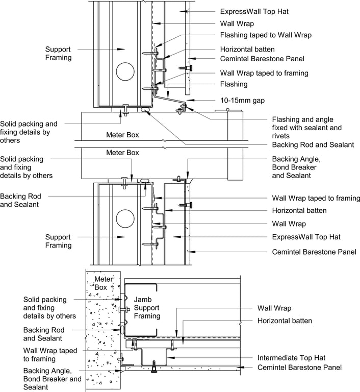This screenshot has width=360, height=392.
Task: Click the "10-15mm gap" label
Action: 242,100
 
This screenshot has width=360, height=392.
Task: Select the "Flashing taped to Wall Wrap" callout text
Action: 266,35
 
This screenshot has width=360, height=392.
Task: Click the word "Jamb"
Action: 142,299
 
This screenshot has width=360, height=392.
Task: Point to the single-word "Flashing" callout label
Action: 234,84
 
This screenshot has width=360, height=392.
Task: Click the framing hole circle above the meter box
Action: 125,72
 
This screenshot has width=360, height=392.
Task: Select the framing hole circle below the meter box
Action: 125,218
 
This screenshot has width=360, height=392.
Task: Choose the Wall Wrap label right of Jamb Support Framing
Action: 274,308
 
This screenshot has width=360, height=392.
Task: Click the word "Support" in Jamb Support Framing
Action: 147,308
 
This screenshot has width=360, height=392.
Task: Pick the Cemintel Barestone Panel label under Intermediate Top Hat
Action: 300,367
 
